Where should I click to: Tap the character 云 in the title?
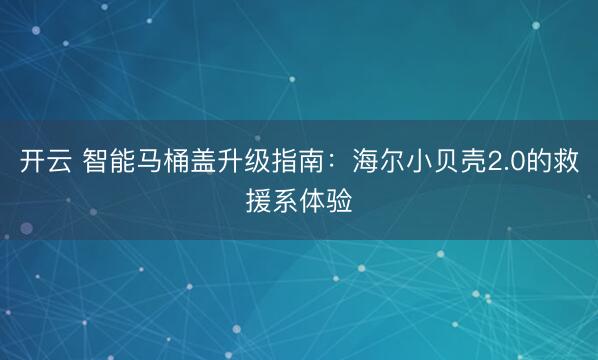[x=61, y=161]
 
